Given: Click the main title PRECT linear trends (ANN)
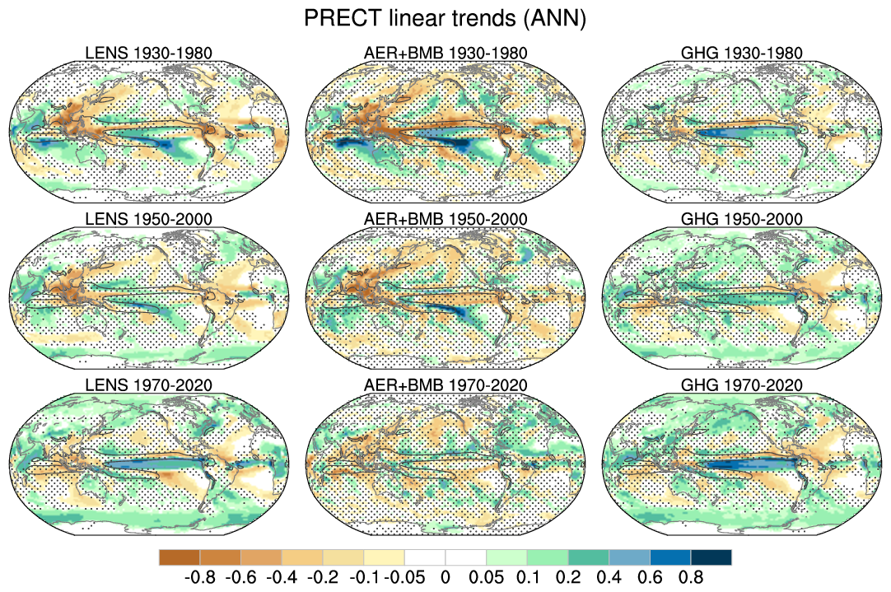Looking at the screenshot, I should pyautogui.click(x=445, y=19).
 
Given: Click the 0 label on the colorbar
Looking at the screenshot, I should pyautogui.click(x=445, y=577).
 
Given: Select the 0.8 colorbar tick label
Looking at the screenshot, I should pyautogui.click(x=690, y=577).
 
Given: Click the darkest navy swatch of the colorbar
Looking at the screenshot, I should pyautogui.click(x=711, y=557).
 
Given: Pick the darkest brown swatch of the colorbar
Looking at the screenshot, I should pyautogui.click(x=180, y=557).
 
